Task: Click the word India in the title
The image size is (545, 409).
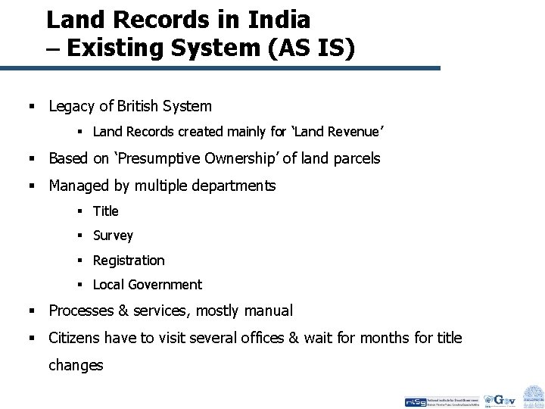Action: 272,18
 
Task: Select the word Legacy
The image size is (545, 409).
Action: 72,106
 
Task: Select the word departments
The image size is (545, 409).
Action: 235,186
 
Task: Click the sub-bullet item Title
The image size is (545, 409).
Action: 106,211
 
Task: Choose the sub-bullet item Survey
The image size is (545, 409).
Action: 113,236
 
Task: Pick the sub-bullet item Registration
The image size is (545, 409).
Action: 128,261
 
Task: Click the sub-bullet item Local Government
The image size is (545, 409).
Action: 147,285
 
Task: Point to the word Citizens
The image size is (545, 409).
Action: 75,338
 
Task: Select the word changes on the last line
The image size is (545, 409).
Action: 76,365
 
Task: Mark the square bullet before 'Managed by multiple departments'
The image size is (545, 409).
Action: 33,186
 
